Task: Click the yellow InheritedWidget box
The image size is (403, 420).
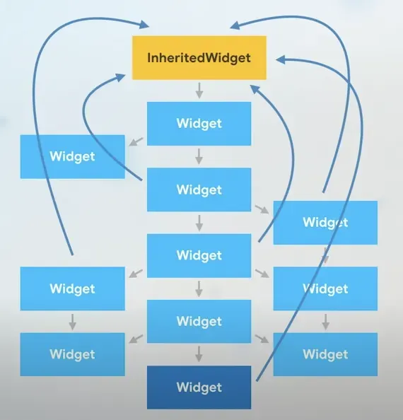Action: pyautogui.click(x=199, y=57)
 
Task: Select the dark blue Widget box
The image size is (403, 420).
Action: pyautogui.click(x=199, y=387)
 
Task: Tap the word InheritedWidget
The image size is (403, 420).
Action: pyautogui.click(x=199, y=57)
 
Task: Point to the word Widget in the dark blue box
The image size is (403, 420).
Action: pyautogui.click(x=199, y=387)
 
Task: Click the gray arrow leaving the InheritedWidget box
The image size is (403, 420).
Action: pyautogui.click(x=199, y=90)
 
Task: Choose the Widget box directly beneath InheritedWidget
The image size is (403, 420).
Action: pyautogui.click(x=199, y=124)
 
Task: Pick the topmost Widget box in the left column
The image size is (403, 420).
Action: pyautogui.click(x=72, y=156)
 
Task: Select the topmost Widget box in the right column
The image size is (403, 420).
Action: pyautogui.click(x=325, y=222)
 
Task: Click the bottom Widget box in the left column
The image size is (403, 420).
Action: pyautogui.click(x=72, y=354)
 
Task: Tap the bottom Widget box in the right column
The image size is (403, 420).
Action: pyautogui.click(x=325, y=354)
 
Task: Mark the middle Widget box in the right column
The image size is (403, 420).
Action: pyautogui.click(x=325, y=288)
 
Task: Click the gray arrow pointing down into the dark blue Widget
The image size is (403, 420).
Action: pyautogui.click(x=199, y=354)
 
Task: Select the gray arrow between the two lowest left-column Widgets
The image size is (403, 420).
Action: pyautogui.click(x=72, y=321)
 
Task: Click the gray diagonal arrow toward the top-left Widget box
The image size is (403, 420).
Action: pyautogui.click(x=135, y=142)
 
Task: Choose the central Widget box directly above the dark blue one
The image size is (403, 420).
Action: pyautogui.click(x=199, y=321)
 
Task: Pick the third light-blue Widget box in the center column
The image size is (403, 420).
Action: pyautogui.click(x=199, y=255)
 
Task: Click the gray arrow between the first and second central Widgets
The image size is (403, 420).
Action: pyautogui.click(x=199, y=156)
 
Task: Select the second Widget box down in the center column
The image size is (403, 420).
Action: pyautogui.click(x=199, y=189)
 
